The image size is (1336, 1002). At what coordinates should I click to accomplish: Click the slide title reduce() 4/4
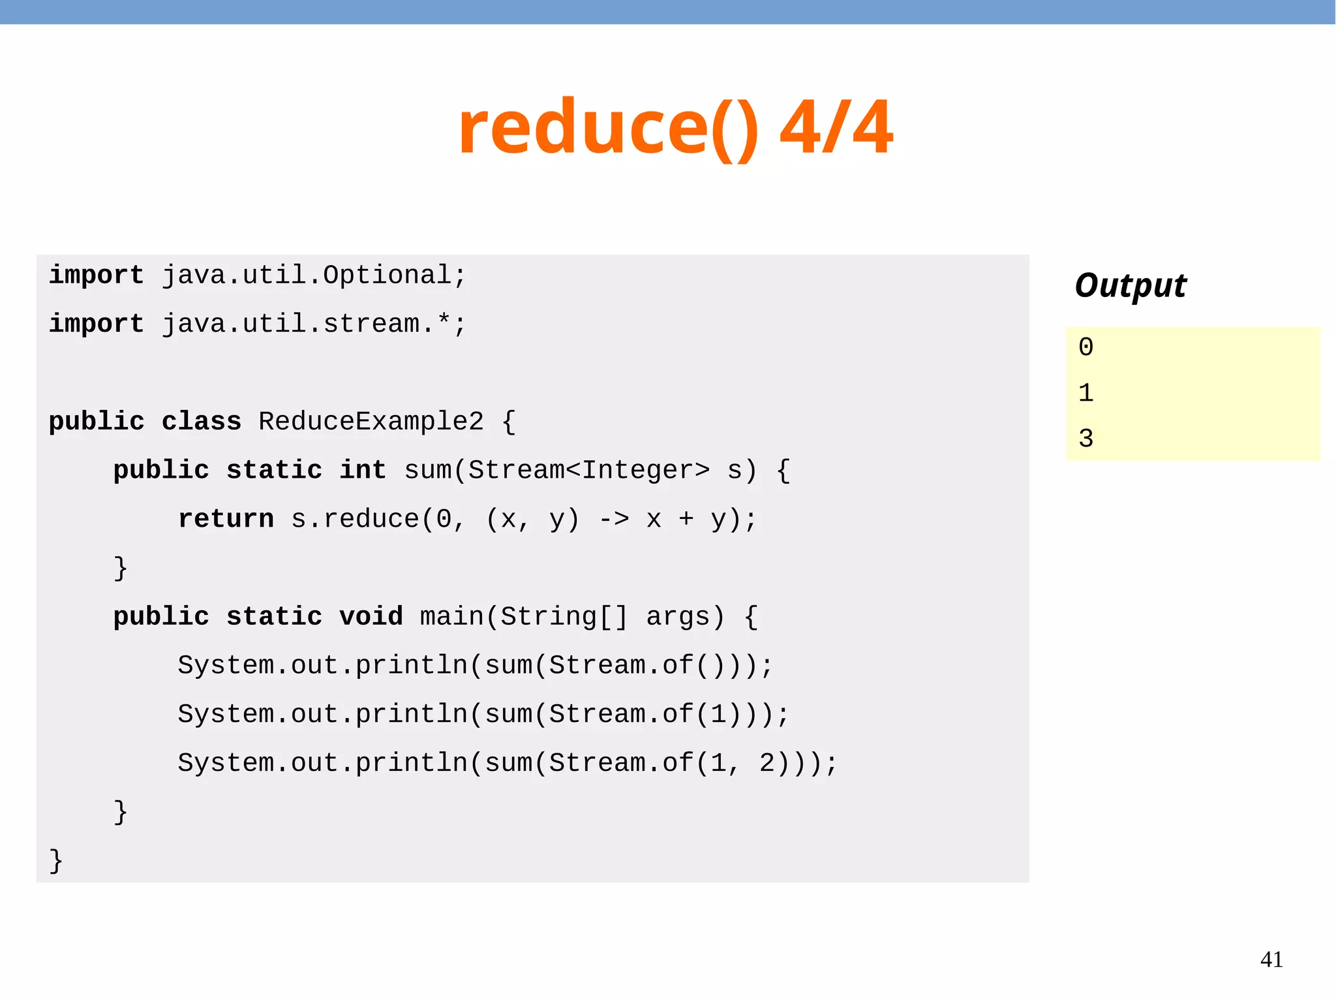pyautogui.click(x=675, y=127)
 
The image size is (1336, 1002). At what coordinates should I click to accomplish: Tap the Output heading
pyautogui.click(x=1131, y=286)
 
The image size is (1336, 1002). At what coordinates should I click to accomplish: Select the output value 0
pyautogui.click(x=1085, y=347)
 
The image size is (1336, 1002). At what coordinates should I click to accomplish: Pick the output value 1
pyautogui.click(x=1085, y=393)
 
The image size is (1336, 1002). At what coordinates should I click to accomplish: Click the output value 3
pyautogui.click(x=1085, y=439)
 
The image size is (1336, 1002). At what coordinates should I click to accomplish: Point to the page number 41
pyautogui.click(x=1271, y=960)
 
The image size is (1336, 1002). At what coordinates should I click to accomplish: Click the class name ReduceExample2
pyautogui.click(x=371, y=422)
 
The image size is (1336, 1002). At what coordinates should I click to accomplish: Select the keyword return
pyautogui.click(x=226, y=519)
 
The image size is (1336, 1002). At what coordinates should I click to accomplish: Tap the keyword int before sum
pyautogui.click(x=363, y=471)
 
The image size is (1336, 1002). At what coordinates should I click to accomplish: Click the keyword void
pyautogui.click(x=371, y=617)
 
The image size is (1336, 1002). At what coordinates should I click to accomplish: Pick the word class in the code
pyautogui.click(x=202, y=422)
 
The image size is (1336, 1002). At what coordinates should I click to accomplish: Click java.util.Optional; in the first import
pyautogui.click(x=314, y=275)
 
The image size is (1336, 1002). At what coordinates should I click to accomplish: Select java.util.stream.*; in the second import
pyautogui.click(x=314, y=324)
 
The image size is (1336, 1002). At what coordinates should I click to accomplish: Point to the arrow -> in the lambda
pyautogui.click(x=614, y=519)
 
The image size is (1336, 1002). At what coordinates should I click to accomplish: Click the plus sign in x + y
pyautogui.click(x=686, y=519)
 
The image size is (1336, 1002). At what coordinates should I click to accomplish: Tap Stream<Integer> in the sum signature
pyautogui.click(x=589, y=471)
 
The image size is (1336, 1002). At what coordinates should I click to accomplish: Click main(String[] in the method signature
pyautogui.click(x=524, y=617)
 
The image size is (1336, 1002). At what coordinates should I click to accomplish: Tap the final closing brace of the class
pyautogui.click(x=56, y=860)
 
